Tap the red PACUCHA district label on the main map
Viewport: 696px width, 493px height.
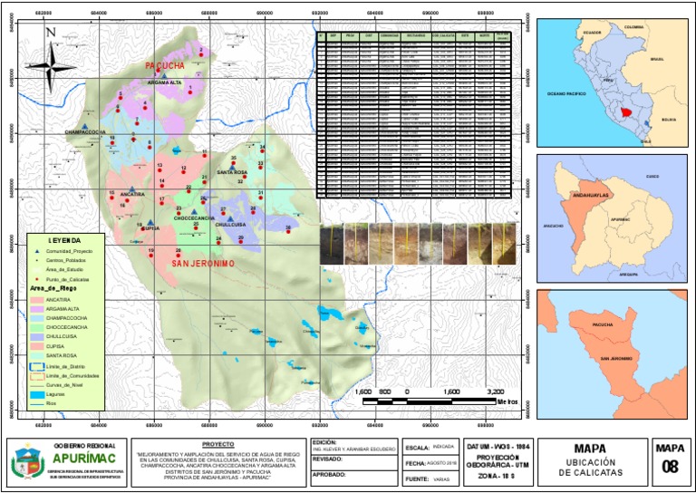pyautogui.click(x=165, y=66)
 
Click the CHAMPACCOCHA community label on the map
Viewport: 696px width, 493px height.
pyautogui.click(x=85, y=132)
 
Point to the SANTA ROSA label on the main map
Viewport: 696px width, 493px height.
pyautogui.click(x=231, y=172)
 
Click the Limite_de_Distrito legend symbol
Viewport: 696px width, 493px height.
pyautogui.click(x=38, y=365)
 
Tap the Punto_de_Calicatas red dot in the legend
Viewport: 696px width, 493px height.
pyautogui.click(x=37, y=280)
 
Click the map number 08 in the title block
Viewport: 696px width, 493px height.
pyautogui.click(x=670, y=468)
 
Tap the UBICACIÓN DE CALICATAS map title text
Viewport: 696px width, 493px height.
pyautogui.click(x=589, y=467)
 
